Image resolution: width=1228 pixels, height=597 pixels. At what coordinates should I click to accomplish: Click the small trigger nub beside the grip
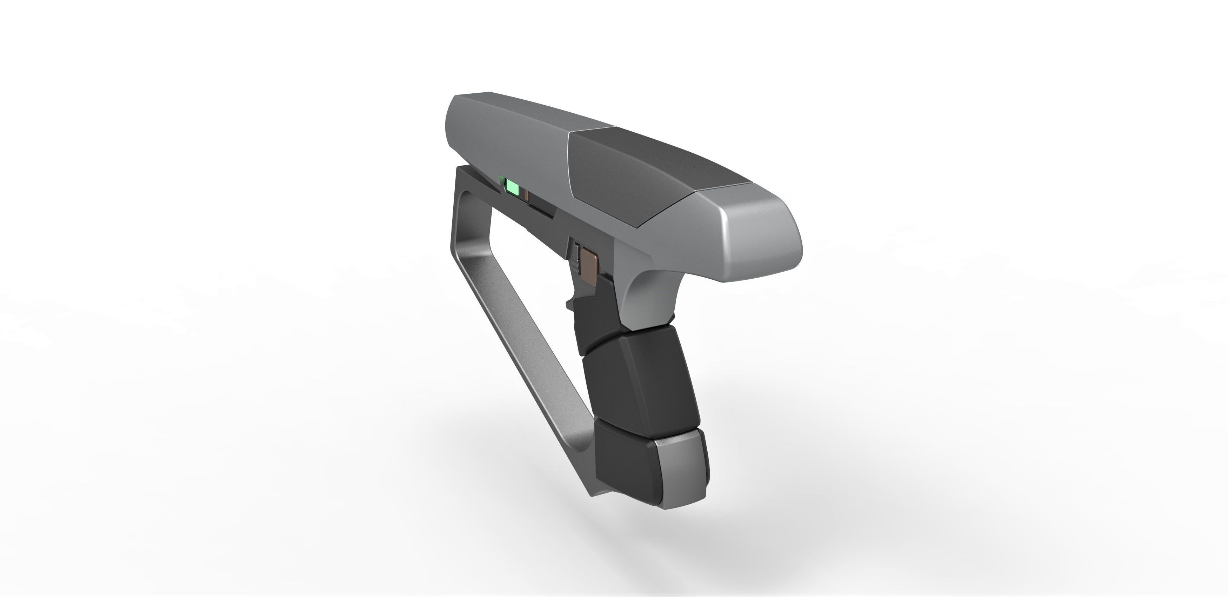click(570, 304)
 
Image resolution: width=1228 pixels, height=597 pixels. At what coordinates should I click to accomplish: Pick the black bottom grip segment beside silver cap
click(625, 465)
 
